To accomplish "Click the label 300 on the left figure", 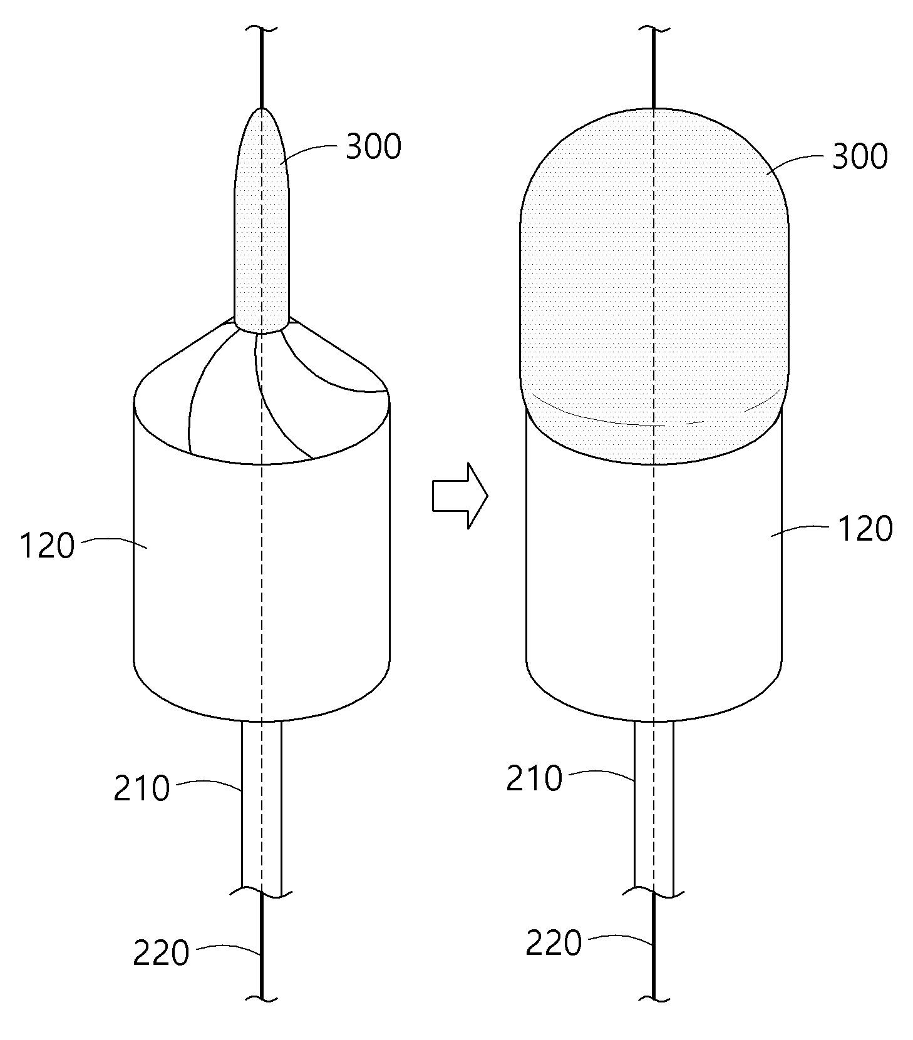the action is coord(373,147).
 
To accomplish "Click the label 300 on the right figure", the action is coord(859,156).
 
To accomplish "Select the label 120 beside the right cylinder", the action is coord(864,529).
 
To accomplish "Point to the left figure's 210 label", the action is coord(142,788).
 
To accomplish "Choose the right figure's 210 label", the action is coord(534,779).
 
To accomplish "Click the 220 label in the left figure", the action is coord(161,953).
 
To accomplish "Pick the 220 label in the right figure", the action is coord(554,944).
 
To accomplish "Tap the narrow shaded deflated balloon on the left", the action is coord(261,219).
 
